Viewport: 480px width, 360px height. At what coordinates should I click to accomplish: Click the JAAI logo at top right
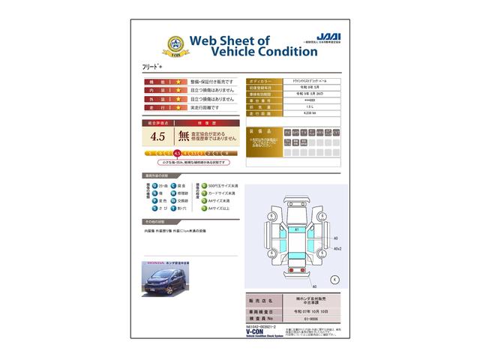[x=328, y=36]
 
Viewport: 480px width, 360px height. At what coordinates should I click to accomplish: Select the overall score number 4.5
[x=157, y=136]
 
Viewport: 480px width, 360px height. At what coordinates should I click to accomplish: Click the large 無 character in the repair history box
[x=183, y=136]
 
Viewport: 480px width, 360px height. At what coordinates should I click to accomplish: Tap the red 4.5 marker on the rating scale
[x=177, y=153]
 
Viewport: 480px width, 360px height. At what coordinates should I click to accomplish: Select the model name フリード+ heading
[x=152, y=67]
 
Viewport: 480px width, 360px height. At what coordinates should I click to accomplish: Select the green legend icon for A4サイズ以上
[x=199, y=209]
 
